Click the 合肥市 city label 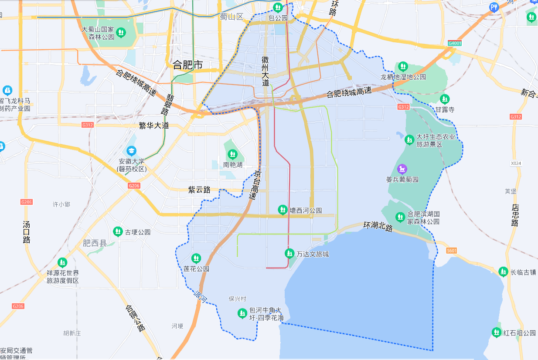coord(187,65)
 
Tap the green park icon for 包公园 coord(278,7)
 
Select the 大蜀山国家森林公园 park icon coord(121,32)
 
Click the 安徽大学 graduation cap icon coord(131,151)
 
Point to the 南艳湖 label coord(232,165)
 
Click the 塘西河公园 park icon coord(283,210)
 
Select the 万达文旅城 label coord(312,254)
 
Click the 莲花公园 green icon coord(196,258)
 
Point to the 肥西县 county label coord(95,243)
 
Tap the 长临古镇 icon coord(503,272)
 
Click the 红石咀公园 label coord(519,333)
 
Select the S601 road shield coord(451,250)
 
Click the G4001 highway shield coord(454,44)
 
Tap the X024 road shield coord(516,163)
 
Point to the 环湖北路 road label coord(378,227)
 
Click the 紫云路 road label coord(199,190)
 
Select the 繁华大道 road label coord(153,126)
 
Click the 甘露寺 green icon coord(444,99)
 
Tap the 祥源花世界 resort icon coord(63,262)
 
